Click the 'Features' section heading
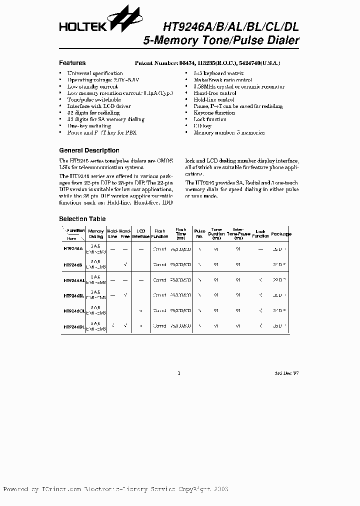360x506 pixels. click(72, 63)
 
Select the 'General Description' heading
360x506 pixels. click(89, 150)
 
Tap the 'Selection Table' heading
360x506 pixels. click(82, 219)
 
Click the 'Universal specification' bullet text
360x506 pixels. click(95, 73)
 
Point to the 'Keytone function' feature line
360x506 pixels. click(214, 113)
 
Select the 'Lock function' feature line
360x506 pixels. click(210, 119)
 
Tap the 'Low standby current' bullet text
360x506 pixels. click(93, 86)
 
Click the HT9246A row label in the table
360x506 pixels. click(73, 248)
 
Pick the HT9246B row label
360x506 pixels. click(73, 264)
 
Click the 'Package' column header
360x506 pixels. click(282, 233)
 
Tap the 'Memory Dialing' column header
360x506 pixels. click(96, 233)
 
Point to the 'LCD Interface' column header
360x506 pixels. click(140, 233)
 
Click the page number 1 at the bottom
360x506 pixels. click(179, 373)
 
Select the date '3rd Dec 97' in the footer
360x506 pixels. click(286, 373)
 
